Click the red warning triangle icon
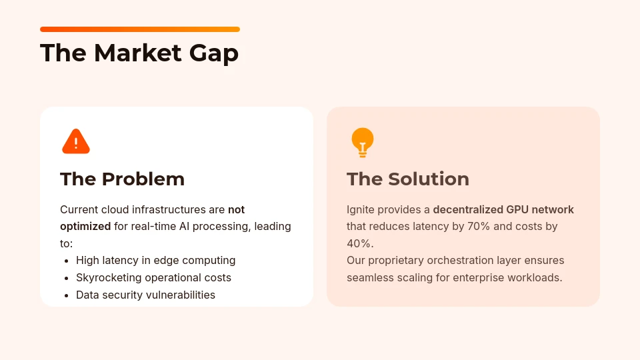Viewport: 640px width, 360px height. tap(76, 141)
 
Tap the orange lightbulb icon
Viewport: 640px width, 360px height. tap(362, 142)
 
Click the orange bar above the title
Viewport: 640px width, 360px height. tap(140, 29)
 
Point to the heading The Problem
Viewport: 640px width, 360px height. tap(122, 179)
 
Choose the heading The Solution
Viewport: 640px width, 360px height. tap(408, 179)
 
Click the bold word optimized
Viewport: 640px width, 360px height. tap(85, 226)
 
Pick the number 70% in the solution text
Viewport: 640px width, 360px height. tap(476, 226)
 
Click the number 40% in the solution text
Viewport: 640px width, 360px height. tap(359, 243)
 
